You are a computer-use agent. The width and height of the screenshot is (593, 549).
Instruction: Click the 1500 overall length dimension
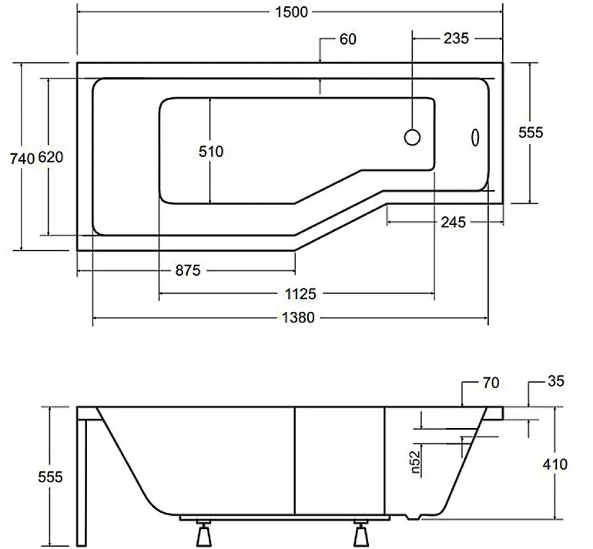click(x=291, y=12)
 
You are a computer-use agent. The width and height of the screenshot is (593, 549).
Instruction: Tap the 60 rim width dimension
click(x=348, y=39)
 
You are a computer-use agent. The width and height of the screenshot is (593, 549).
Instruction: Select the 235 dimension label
click(x=456, y=38)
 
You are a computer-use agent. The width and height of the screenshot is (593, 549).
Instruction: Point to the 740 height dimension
click(x=23, y=159)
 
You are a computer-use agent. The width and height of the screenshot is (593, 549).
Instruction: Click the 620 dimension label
click(x=50, y=157)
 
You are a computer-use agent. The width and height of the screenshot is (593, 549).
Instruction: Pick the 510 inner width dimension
click(x=211, y=152)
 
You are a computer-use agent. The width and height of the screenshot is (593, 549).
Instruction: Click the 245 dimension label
click(x=453, y=222)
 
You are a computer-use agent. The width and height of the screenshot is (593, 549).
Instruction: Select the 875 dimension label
click(x=188, y=270)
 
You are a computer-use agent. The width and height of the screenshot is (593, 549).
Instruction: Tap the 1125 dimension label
click(x=300, y=294)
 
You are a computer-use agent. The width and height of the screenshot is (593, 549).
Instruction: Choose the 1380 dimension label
click(x=298, y=317)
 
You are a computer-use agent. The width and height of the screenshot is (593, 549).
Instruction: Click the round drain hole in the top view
click(x=412, y=138)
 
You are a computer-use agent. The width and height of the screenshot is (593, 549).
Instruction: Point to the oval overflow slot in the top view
click(x=476, y=138)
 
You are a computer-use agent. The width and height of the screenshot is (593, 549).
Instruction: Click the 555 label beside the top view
click(x=531, y=132)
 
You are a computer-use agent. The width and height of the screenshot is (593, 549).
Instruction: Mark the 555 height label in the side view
click(x=50, y=477)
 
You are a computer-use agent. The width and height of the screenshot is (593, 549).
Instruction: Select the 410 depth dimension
click(x=555, y=464)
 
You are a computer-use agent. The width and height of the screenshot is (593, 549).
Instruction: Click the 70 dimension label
click(x=491, y=382)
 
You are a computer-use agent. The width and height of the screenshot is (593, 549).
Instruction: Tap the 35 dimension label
click(x=556, y=381)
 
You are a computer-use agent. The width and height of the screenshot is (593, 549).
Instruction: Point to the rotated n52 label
click(x=415, y=462)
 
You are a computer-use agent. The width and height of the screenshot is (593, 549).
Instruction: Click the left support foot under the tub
click(x=203, y=534)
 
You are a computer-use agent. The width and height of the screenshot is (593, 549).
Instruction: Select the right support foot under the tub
click(x=361, y=534)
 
